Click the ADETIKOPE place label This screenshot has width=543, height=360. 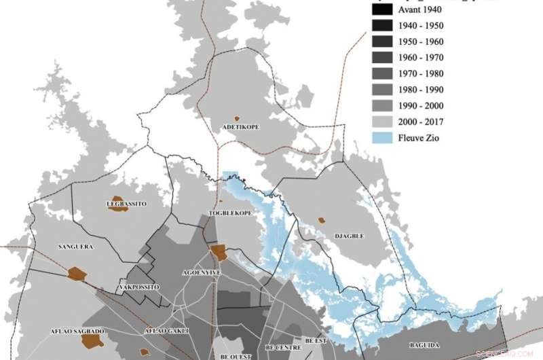(x=240, y=127)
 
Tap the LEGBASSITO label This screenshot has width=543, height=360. (x=126, y=203)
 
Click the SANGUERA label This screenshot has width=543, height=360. (x=75, y=247)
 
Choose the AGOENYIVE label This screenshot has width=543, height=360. (x=202, y=272)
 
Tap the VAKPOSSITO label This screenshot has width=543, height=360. (x=138, y=287)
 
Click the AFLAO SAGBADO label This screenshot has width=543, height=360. (x=77, y=331)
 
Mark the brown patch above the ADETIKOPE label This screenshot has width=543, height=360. (x=237, y=118)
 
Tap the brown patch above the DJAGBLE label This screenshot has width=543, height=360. (x=321, y=220)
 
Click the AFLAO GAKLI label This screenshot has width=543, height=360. (x=166, y=331)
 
